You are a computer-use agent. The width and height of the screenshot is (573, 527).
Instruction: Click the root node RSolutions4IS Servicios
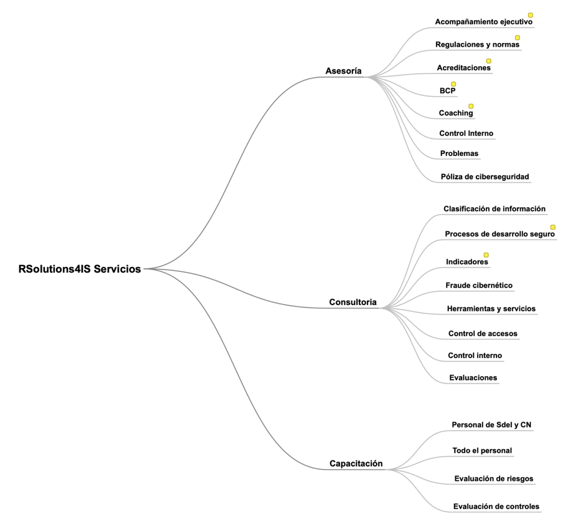[x=80, y=269]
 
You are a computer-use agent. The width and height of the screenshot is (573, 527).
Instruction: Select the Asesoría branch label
[x=344, y=71]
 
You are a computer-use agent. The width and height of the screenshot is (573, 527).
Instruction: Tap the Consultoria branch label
[x=353, y=302]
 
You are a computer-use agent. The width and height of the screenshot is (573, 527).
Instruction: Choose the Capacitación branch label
[x=356, y=463]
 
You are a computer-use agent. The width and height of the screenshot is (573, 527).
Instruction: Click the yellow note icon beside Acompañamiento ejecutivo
[x=530, y=15]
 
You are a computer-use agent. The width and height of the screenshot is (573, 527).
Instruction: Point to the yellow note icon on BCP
[x=453, y=84]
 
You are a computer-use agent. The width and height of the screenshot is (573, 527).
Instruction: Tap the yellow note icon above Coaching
[x=471, y=106]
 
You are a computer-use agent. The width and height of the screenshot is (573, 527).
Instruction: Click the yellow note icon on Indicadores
[x=486, y=254]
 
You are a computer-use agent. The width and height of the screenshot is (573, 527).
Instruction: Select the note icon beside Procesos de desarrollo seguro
[x=553, y=227]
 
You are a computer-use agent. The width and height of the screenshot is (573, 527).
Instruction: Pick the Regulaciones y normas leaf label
[x=477, y=45]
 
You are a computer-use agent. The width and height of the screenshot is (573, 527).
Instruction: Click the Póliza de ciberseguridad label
[x=485, y=176]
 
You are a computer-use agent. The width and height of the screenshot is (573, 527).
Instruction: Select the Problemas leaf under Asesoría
[x=460, y=153]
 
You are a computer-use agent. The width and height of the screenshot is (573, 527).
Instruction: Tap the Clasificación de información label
[x=495, y=209]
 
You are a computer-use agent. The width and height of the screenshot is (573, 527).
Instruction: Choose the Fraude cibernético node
[x=479, y=286]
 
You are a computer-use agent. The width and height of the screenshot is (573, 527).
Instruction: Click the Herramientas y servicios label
[x=491, y=309]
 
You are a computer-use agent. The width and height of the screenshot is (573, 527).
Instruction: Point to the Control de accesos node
[x=483, y=334]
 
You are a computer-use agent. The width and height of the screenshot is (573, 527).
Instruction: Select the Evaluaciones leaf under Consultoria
[x=473, y=378]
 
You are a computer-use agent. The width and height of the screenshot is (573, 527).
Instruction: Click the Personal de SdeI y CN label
[x=491, y=425]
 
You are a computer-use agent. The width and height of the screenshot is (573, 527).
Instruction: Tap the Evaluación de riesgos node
[x=494, y=479]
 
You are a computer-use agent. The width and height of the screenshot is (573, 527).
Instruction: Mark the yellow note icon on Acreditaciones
[x=488, y=61]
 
